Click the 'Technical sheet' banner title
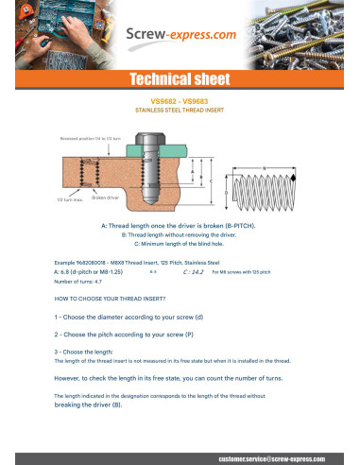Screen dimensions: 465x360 pos(180,78)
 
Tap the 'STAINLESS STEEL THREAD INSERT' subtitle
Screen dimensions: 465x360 pos(180,110)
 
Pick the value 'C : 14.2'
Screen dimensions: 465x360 pos(192,271)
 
